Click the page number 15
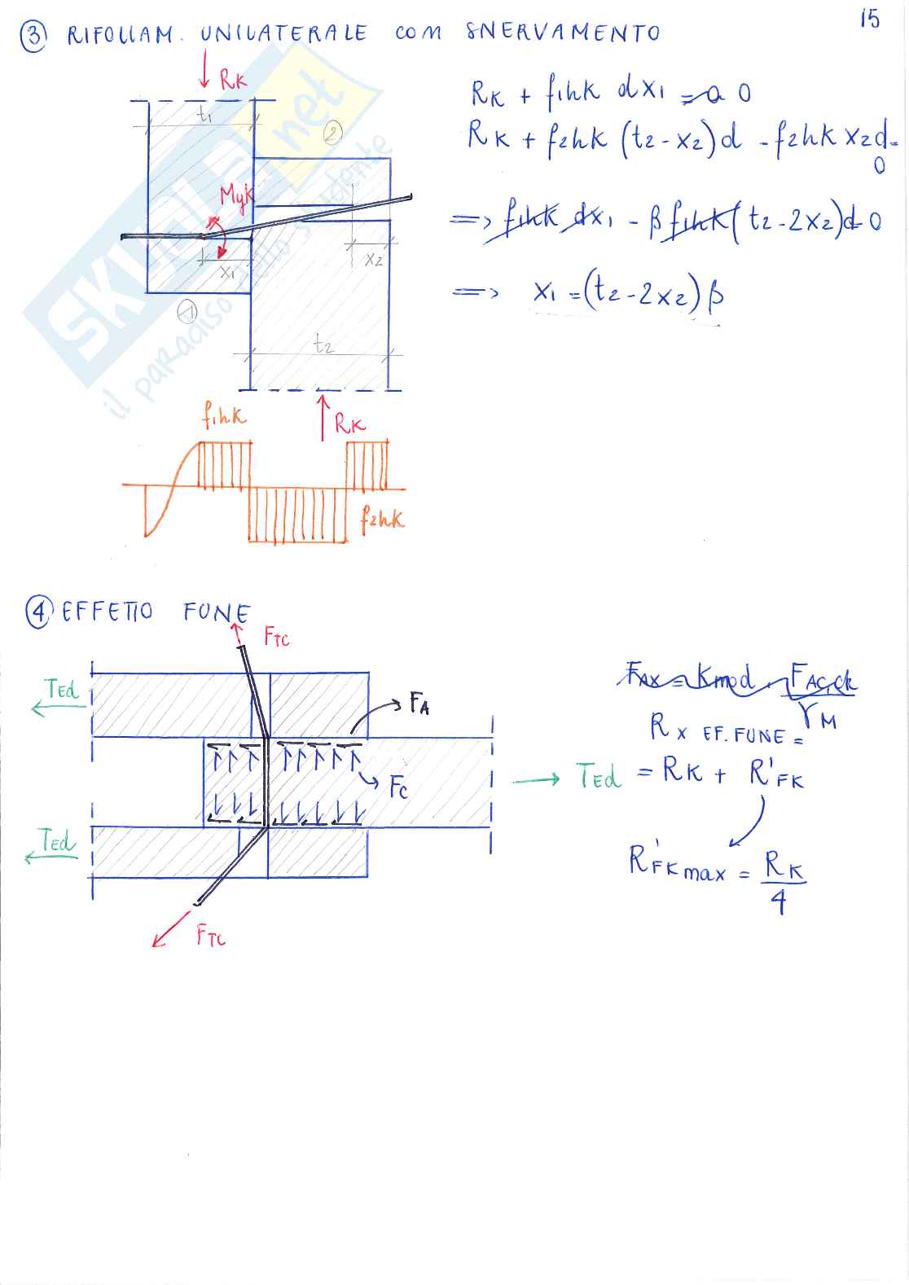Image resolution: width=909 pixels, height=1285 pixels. point(869,19)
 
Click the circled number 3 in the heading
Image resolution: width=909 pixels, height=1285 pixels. point(33,35)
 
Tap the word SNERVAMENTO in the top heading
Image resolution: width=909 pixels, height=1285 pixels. point(562,33)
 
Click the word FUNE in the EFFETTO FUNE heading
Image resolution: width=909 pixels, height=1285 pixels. point(217,612)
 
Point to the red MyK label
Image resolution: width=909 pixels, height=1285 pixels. point(236,196)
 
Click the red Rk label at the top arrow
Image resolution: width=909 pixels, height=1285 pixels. point(232,79)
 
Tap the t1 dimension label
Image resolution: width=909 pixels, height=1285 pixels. point(204,116)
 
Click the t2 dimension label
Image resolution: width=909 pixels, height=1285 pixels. point(323,345)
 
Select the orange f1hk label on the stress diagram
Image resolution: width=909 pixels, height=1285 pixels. point(224,418)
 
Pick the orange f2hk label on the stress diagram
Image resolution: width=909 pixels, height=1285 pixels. point(381,519)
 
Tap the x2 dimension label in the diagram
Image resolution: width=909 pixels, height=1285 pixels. point(373,261)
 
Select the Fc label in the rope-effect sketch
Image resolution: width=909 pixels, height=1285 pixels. point(397,788)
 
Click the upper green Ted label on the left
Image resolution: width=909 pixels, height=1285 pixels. point(62,690)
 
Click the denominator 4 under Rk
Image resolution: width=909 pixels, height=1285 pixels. point(779,904)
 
